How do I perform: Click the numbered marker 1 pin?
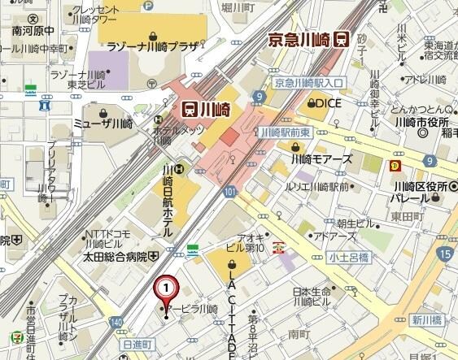point(166,287)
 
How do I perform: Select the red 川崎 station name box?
point(207,107)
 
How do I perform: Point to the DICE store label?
point(323,103)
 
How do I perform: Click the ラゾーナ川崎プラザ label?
point(151,47)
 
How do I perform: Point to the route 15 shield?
point(443,255)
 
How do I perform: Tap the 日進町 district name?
point(137,345)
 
